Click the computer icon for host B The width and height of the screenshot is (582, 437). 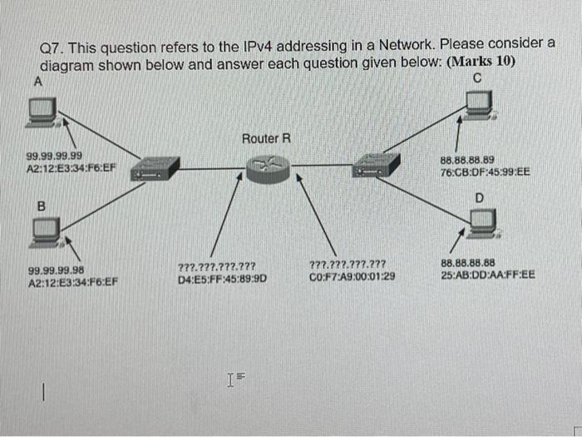(x=46, y=231)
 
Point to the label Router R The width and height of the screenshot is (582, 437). (x=266, y=138)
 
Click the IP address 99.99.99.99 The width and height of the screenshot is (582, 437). (x=55, y=156)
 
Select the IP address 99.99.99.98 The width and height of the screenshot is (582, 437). (x=55, y=271)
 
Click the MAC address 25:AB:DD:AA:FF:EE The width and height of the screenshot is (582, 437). (x=488, y=273)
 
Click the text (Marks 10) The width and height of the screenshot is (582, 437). (x=481, y=63)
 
